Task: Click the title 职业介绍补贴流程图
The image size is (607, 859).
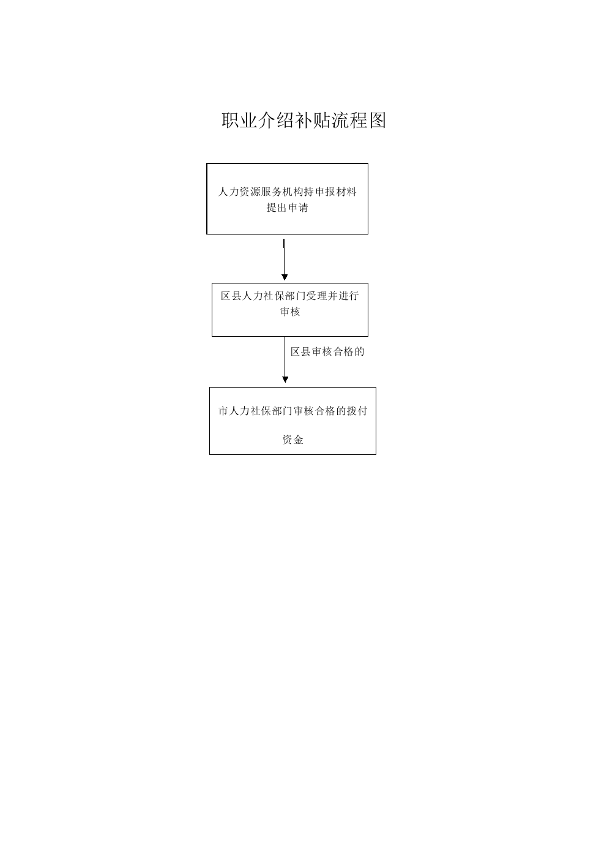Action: [x=303, y=121]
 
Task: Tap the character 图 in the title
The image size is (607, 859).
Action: [x=378, y=121]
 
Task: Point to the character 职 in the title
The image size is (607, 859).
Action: [x=230, y=121]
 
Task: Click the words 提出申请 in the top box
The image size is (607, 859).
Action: [x=288, y=208]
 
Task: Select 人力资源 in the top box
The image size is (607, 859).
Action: [x=239, y=192]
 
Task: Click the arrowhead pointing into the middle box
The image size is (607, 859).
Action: [x=285, y=277]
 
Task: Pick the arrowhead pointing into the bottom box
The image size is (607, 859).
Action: [x=285, y=380]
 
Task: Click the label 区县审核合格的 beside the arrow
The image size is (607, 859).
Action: [x=327, y=351]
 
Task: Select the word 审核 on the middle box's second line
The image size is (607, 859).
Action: [x=290, y=312]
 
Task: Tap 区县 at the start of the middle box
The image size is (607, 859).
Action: [x=231, y=296]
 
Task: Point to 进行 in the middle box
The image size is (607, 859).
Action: [x=348, y=296]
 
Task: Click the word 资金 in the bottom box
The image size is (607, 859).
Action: [x=292, y=440]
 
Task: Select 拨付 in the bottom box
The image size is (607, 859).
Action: [x=357, y=411]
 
